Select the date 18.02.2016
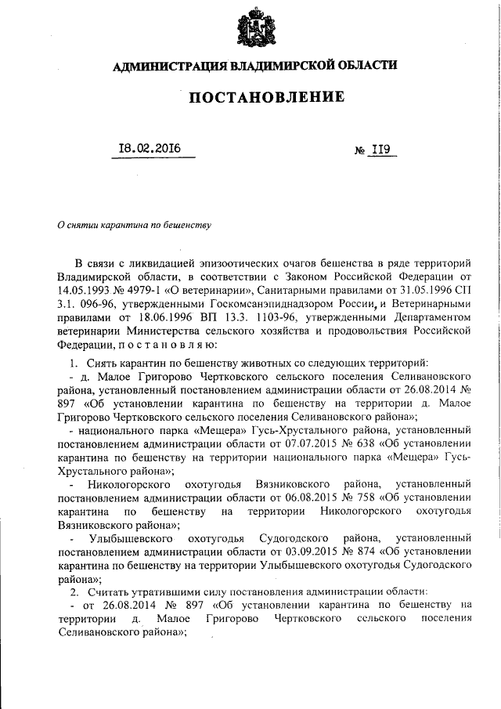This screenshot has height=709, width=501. point(149,149)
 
